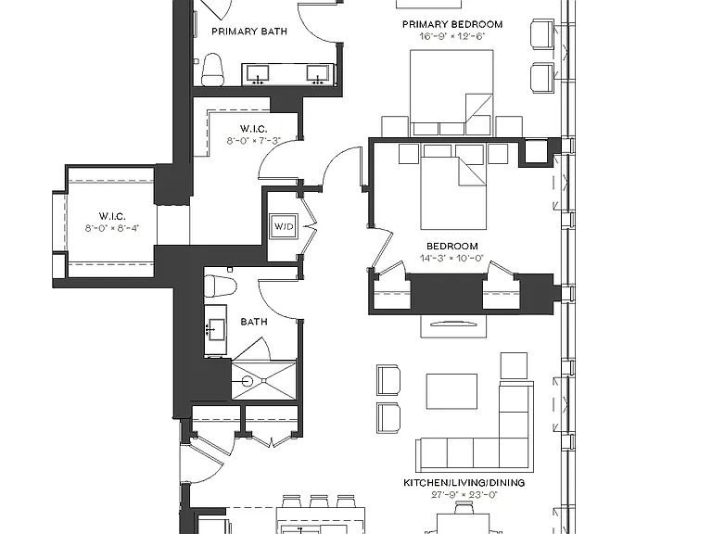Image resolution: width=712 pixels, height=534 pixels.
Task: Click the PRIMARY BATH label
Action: [x=249, y=32]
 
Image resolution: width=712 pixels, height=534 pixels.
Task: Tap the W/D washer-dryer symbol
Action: [x=284, y=225]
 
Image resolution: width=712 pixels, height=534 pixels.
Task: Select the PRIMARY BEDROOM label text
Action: [x=452, y=24]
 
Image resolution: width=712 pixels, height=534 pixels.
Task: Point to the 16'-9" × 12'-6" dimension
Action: [x=452, y=36]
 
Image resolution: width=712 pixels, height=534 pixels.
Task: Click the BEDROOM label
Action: [x=452, y=246]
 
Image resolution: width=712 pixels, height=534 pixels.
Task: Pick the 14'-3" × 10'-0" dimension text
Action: [x=452, y=259]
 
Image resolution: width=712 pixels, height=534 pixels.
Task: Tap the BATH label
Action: [x=254, y=322]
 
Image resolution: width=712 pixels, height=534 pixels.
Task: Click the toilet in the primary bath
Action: [x=212, y=70]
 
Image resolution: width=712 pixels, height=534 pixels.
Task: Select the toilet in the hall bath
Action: [x=221, y=286]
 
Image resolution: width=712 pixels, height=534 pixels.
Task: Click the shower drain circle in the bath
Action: [x=247, y=381]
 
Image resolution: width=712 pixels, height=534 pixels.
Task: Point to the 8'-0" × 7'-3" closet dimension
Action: [x=254, y=141]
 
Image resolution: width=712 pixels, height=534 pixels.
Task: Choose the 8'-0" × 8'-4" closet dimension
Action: [x=111, y=228]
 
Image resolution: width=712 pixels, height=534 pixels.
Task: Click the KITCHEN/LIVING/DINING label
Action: [x=464, y=483]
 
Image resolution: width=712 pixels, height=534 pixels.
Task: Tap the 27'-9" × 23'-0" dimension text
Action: [x=464, y=495]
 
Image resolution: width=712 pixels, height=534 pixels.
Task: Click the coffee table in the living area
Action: [x=451, y=391]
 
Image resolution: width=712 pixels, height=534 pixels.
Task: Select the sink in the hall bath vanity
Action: [x=216, y=329]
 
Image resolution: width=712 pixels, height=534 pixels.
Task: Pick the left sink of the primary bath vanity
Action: [x=258, y=73]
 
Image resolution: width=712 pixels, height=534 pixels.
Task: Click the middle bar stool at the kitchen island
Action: [x=319, y=502]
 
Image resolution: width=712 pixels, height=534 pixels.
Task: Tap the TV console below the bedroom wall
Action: [x=453, y=325]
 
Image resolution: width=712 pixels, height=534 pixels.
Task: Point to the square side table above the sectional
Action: [x=514, y=365]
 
